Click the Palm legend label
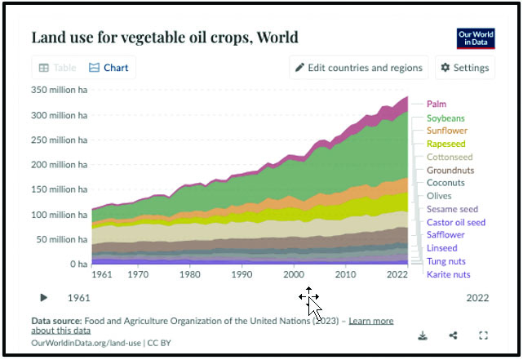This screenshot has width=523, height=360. [437, 104]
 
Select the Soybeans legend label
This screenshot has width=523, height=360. [445, 118]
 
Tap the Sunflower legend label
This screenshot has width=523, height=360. [446, 131]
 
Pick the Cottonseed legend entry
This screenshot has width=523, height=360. [450, 157]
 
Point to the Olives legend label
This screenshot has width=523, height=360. [439, 196]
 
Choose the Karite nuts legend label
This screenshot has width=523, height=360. [448, 274]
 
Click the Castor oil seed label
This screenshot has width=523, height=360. [455, 222]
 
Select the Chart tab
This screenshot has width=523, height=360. [109, 68]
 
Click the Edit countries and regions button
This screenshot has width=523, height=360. [359, 68]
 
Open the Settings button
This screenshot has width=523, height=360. [464, 68]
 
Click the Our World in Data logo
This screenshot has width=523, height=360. [475, 39]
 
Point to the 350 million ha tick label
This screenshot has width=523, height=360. [59, 91]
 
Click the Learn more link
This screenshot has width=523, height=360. [370, 321]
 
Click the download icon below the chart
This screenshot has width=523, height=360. [423, 336]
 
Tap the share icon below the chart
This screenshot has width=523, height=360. [453, 336]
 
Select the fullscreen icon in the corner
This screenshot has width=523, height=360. [483, 336]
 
